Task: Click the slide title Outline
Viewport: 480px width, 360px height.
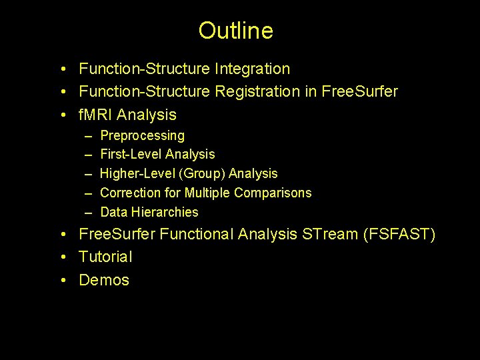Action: click(x=235, y=31)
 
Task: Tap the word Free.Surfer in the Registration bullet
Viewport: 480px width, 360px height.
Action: click(x=359, y=91)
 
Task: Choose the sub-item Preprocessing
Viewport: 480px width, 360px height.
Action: click(x=142, y=135)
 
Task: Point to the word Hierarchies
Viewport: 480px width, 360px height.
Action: click(x=167, y=212)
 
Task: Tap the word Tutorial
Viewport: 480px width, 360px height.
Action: click(x=105, y=257)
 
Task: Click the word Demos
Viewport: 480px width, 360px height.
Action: click(x=104, y=280)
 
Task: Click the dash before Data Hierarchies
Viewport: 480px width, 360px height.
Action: click(x=89, y=212)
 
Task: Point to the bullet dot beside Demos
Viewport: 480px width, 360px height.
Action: click(x=63, y=281)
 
